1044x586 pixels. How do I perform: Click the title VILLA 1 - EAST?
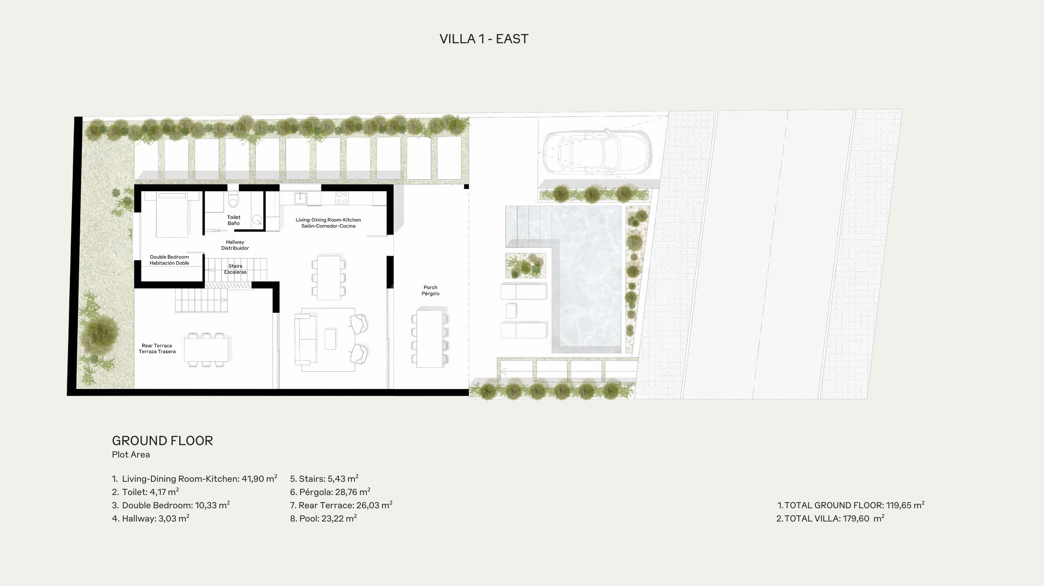484,39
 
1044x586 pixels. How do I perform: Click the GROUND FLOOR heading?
162,441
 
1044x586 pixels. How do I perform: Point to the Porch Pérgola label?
430,291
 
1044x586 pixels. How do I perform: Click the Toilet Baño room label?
234,220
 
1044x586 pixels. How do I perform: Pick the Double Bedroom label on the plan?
170,260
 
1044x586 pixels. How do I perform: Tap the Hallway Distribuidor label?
235,245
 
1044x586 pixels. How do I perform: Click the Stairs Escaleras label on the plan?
235,269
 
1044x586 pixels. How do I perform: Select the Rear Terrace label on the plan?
157,349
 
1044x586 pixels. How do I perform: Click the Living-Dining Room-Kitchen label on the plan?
328,223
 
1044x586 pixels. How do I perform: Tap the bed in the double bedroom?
172,214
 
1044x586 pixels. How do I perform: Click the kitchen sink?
301,198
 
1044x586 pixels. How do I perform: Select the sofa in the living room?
305,339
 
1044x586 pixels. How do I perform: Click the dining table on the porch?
430,339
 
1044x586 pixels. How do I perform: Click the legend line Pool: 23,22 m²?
324,518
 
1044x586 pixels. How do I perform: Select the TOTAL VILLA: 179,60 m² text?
830,518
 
